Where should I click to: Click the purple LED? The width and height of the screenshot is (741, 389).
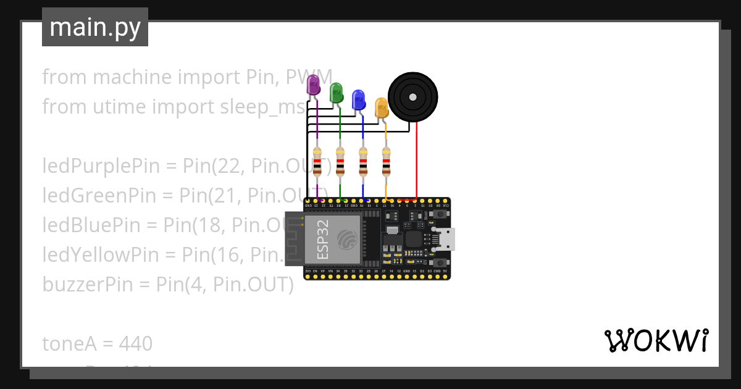[x=314, y=85]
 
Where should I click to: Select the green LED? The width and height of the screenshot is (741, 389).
[x=336, y=93]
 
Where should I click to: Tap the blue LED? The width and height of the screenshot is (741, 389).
[x=358, y=99]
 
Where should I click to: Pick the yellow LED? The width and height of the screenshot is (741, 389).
[x=381, y=107]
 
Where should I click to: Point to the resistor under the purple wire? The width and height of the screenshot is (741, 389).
[x=317, y=161]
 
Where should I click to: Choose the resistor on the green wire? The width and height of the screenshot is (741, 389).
[x=340, y=161]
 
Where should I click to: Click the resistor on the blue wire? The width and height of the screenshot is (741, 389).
[x=363, y=161]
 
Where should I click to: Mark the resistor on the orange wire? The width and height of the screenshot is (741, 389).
[x=386, y=161]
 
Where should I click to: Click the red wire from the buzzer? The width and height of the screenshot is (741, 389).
[x=417, y=161]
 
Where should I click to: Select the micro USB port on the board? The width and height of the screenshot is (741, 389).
[x=446, y=238]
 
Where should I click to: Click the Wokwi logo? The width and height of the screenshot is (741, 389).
[x=656, y=340]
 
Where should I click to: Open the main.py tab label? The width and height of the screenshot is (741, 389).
[x=95, y=27]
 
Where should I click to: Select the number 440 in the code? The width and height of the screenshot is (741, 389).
[x=135, y=343]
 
